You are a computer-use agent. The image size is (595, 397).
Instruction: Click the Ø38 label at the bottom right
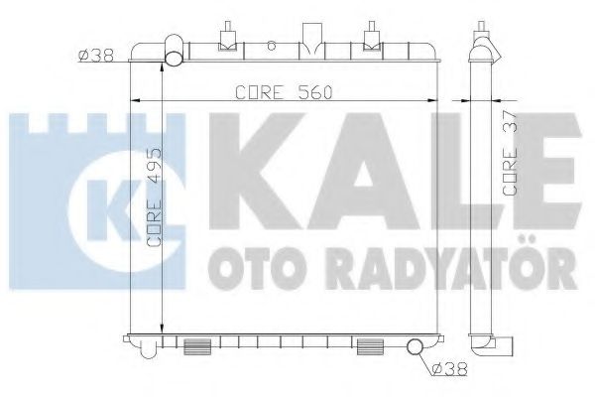449,371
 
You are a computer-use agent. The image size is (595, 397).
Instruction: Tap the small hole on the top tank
270,46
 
